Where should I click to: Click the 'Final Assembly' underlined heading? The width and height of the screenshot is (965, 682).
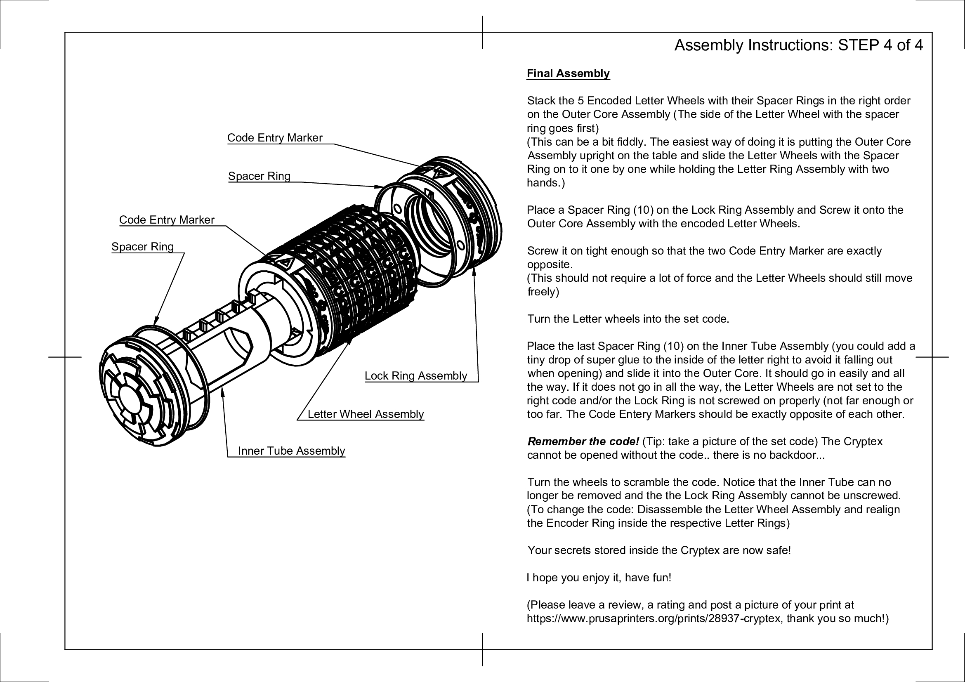[568, 73]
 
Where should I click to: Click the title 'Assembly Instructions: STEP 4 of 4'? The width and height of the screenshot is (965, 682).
[798, 45]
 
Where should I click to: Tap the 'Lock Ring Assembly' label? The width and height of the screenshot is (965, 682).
[415, 376]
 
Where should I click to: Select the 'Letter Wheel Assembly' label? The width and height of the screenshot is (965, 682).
[365, 414]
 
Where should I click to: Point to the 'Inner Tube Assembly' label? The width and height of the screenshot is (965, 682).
[291, 451]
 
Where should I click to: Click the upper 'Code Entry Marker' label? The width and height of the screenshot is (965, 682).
[274, 138]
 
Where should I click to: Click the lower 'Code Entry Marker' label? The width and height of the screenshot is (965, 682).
[166, 220]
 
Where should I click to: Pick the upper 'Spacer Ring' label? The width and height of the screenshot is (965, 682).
[259, 176]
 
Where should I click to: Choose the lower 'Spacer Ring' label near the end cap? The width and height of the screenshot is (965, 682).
[142, 247]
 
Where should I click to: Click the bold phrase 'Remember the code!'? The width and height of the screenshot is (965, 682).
[583, 441]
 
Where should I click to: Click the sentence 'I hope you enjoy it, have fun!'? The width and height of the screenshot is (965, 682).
[599, 578]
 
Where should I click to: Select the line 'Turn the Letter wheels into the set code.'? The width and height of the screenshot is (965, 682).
[628, 319]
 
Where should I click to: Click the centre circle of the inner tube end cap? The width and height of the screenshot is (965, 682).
[130, 399]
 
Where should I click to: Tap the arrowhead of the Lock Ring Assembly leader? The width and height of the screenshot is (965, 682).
[474, 270]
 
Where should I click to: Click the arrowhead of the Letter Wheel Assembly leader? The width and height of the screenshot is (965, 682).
[350, 340]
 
